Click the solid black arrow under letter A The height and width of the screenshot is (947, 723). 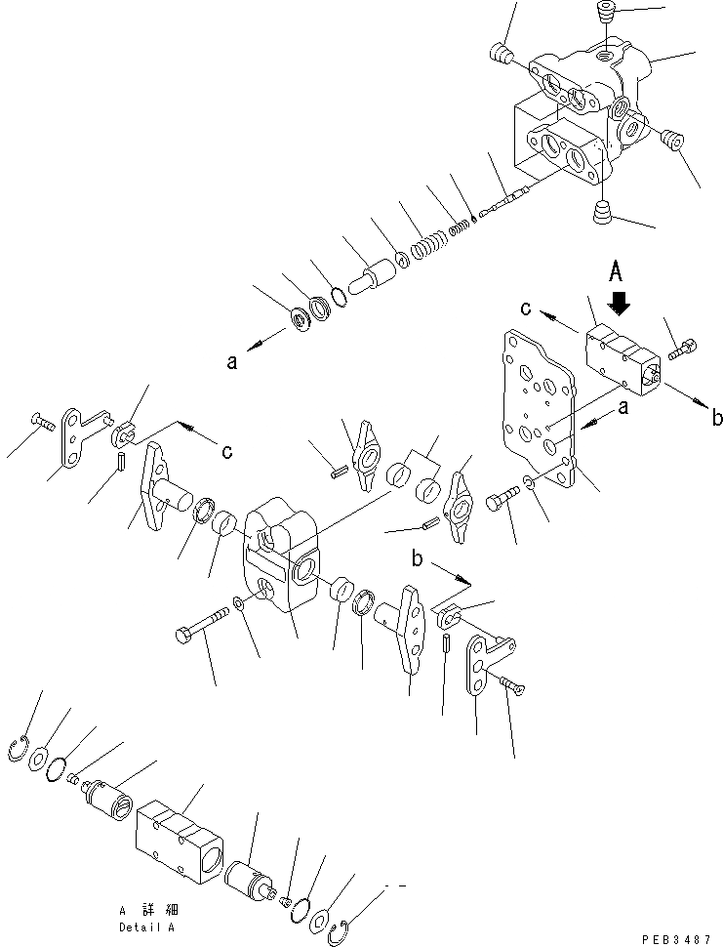pos(619,304)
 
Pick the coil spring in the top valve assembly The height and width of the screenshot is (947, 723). pos(425,246)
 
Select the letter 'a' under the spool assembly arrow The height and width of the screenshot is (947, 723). pos(231,362)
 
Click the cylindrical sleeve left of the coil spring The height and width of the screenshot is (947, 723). pos(372,279)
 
